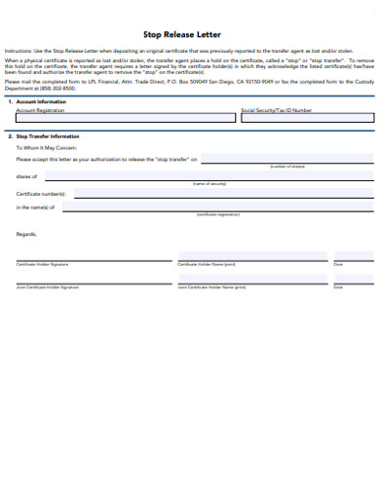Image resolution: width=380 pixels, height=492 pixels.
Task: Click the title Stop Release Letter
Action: pyautogui.click(x=189, y=33)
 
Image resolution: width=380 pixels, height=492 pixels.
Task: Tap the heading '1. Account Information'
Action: pyautogui.click(x=39, y=101)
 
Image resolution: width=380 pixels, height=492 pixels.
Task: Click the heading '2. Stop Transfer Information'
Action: pyautogui.click(x=46, y=136)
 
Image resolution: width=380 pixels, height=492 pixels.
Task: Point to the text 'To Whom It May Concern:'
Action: pyautogui.click(x=46, y=148)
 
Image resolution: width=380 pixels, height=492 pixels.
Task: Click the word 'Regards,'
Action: pyautogui.click(x=26, y=234)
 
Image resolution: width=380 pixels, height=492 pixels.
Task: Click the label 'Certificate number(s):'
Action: pyautogui.click(x=41, y=195)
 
